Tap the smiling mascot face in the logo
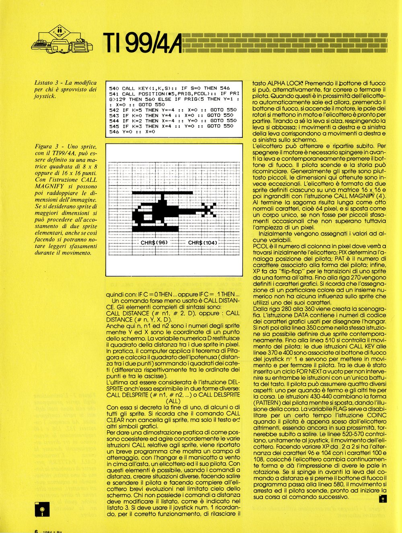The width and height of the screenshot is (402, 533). click(x=59, y=31)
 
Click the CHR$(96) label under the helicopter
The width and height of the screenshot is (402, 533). click(x=154, y=243)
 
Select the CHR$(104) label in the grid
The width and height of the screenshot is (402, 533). click(x=203, y=243)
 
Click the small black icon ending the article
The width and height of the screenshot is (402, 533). click(x=382, y=499)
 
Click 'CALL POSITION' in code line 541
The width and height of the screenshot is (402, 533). click(x=142, y=94)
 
